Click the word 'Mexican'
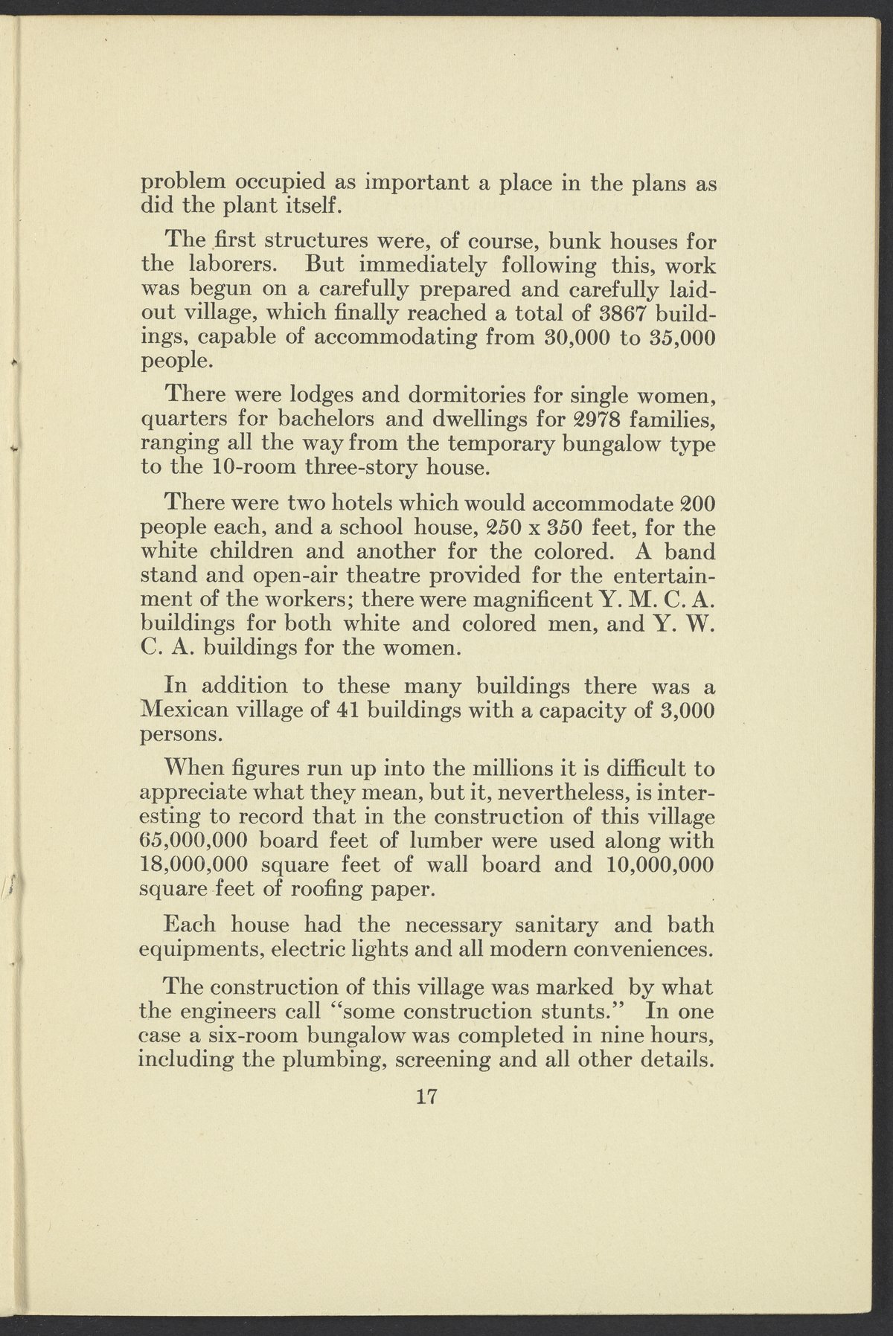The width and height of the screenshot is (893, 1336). pyautogui.click(x=182, y=709)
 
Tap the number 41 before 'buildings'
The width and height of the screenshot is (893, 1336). pyautogui.click(x=342, y=709)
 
